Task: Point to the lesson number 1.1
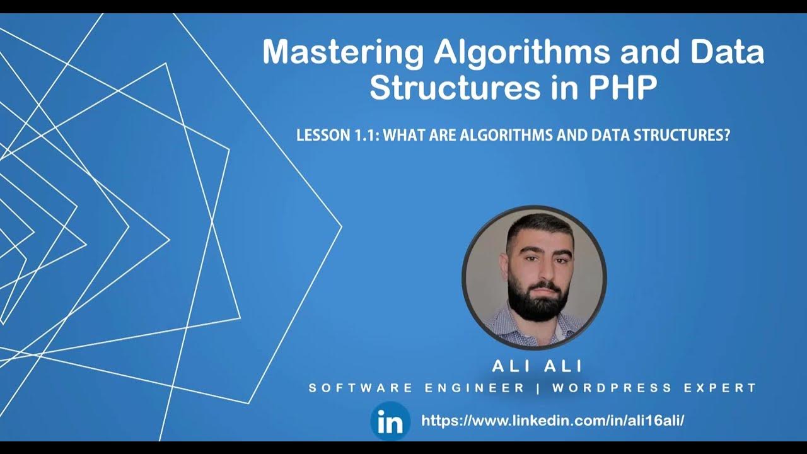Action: pyautogui.click(x=362, y=135)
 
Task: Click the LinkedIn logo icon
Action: pyautogui.click(x=390, y=421)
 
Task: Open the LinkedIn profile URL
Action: pyautogui.click(x=552, y=421)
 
